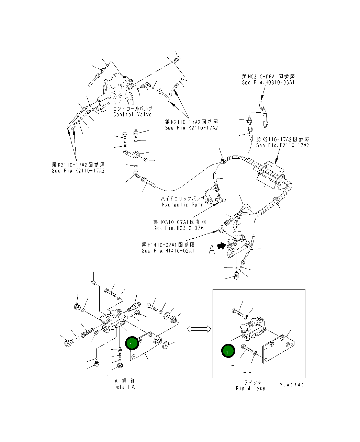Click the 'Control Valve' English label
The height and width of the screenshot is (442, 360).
tap(132, 114)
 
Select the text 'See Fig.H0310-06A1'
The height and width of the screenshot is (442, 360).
tap(268, 82)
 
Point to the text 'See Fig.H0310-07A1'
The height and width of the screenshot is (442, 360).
tap(180, 228)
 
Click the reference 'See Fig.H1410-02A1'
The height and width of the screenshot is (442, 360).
tap(168, 251)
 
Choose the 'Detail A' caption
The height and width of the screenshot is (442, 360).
tap(124, 387)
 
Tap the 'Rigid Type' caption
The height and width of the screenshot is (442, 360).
tap(250, 388)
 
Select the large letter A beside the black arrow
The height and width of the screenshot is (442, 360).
tap(212, 249)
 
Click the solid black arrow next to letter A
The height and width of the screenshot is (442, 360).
tap(222, 245)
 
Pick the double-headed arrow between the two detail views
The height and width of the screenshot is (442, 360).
tap(199, 329)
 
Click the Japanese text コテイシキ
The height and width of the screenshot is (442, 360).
tap(250, 382)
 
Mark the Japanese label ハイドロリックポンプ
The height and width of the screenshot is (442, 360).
tap(182, 199)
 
